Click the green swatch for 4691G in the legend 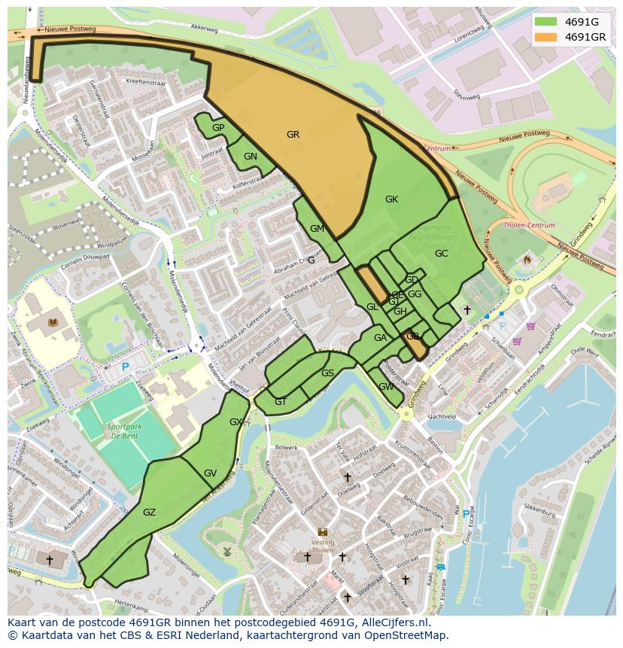coord(546,21)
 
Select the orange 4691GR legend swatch coord(546,37)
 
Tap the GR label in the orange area coord(293,135)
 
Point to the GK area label coord(391,199)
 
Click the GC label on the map coord(441,254)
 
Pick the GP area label coord(218,128)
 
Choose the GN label coord(251,157)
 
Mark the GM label coord(317,229)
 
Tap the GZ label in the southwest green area coord(149,513)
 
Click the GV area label coord(210,473)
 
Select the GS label coord(327,373)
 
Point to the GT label coord(281,402)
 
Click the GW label coord(386,387)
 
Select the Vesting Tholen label coord(323,545)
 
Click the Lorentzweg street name coord(467,35)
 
